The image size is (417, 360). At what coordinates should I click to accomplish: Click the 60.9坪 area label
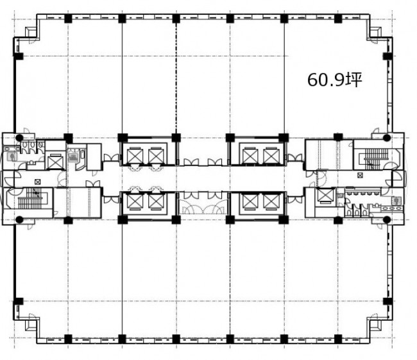click(335, 80)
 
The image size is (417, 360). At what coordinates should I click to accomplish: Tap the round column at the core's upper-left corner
click(19, 138)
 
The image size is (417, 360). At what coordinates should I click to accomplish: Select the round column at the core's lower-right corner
click(387, 219)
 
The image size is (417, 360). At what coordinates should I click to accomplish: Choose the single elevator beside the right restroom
click(325, 195)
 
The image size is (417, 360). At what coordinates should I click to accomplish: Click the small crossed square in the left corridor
click(37, 182)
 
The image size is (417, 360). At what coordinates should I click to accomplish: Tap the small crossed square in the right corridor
click(360, 175)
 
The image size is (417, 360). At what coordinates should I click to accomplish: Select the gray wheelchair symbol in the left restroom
click(12, 157)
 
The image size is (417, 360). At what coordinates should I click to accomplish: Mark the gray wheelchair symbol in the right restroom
click(396, 200)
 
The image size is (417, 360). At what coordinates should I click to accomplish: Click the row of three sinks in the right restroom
click(393, 209)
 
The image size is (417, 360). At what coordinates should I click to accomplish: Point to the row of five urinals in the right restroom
click(363, 192)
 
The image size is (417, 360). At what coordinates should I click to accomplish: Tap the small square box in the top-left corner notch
click(31, 32)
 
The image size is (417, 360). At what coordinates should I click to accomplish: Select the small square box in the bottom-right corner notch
click(375, 324)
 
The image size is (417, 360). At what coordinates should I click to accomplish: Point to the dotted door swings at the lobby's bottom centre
click(203, 207)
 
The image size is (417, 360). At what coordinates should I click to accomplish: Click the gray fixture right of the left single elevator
click(72, 157)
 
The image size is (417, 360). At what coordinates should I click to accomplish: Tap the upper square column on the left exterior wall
click(18, 56)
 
